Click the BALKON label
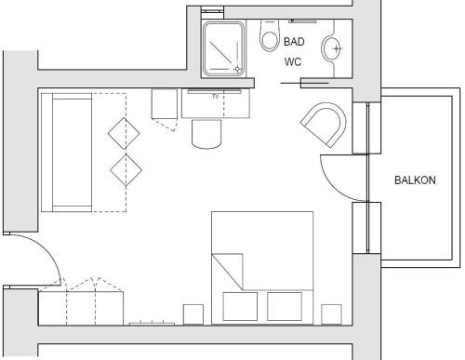(x=415, y=180)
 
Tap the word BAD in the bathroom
(x=294, y=42)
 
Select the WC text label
(x=293, y=61)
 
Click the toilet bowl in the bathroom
(x=269, y=35)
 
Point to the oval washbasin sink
(x=331, y=48)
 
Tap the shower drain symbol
(x=237, y=69)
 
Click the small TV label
(x=216, y=97)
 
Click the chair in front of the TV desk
(x=206, y=133)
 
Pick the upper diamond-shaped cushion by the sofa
(x=124, y=134)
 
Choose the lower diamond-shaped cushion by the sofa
(x=126, y=170)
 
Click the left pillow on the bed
(x=240, y=306)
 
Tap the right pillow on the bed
(x=285, y=306)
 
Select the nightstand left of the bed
(x=193, y=314)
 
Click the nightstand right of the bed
(x=331, y=314)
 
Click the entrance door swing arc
(x=46, y=248)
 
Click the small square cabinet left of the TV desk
(x=165, y=104)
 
